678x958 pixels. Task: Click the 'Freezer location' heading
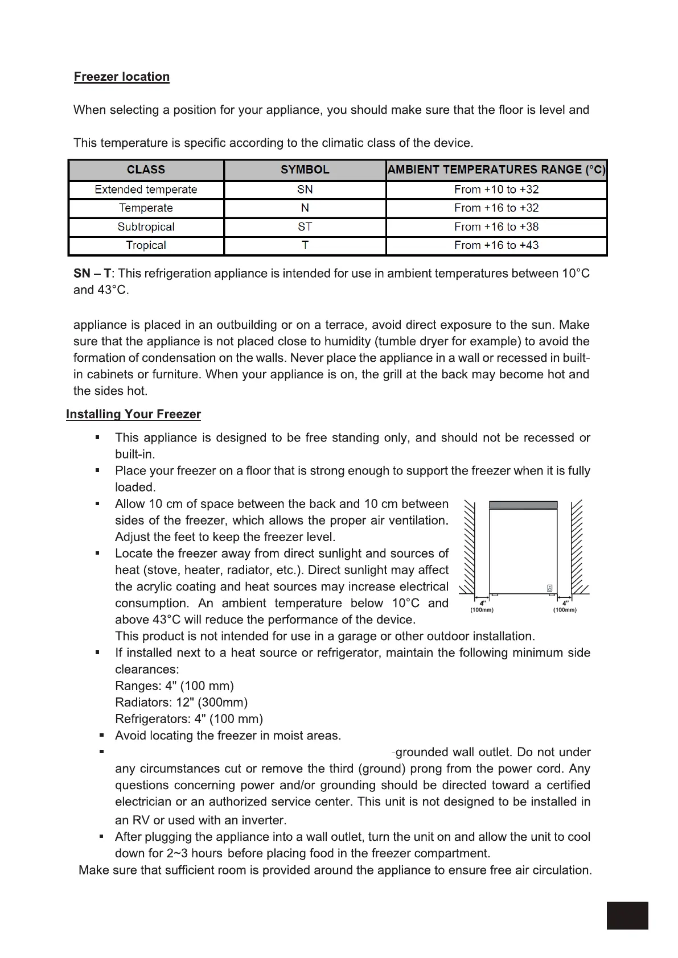coord(121,77)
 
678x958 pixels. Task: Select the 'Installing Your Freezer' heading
coord(133,414)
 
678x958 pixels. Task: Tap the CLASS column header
coord(146,170)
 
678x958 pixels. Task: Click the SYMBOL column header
coord(305,170)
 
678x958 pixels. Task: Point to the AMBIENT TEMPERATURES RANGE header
coord(496,170)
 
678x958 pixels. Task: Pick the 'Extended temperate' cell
coord(146,189)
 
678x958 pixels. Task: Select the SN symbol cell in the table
coord(305,189)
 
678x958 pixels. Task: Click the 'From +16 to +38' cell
coord(496,227)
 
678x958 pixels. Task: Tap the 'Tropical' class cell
coord(146,245)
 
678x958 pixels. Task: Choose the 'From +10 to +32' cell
coord(496,189)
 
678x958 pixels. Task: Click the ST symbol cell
coord(305,227)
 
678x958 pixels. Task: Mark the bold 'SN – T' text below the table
coord(92,274)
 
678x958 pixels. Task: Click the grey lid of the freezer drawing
coord(523,505)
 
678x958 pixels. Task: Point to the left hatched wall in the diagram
coord(469,546)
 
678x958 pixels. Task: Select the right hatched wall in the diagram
coord(577,546)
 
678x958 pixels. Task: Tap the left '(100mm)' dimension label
coord(482,610)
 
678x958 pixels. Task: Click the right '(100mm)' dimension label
coord(565,610)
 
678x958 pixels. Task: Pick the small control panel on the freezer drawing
coord(550,588)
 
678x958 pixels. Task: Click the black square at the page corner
coord(627,915)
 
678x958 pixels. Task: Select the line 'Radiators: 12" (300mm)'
coord(181,703)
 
